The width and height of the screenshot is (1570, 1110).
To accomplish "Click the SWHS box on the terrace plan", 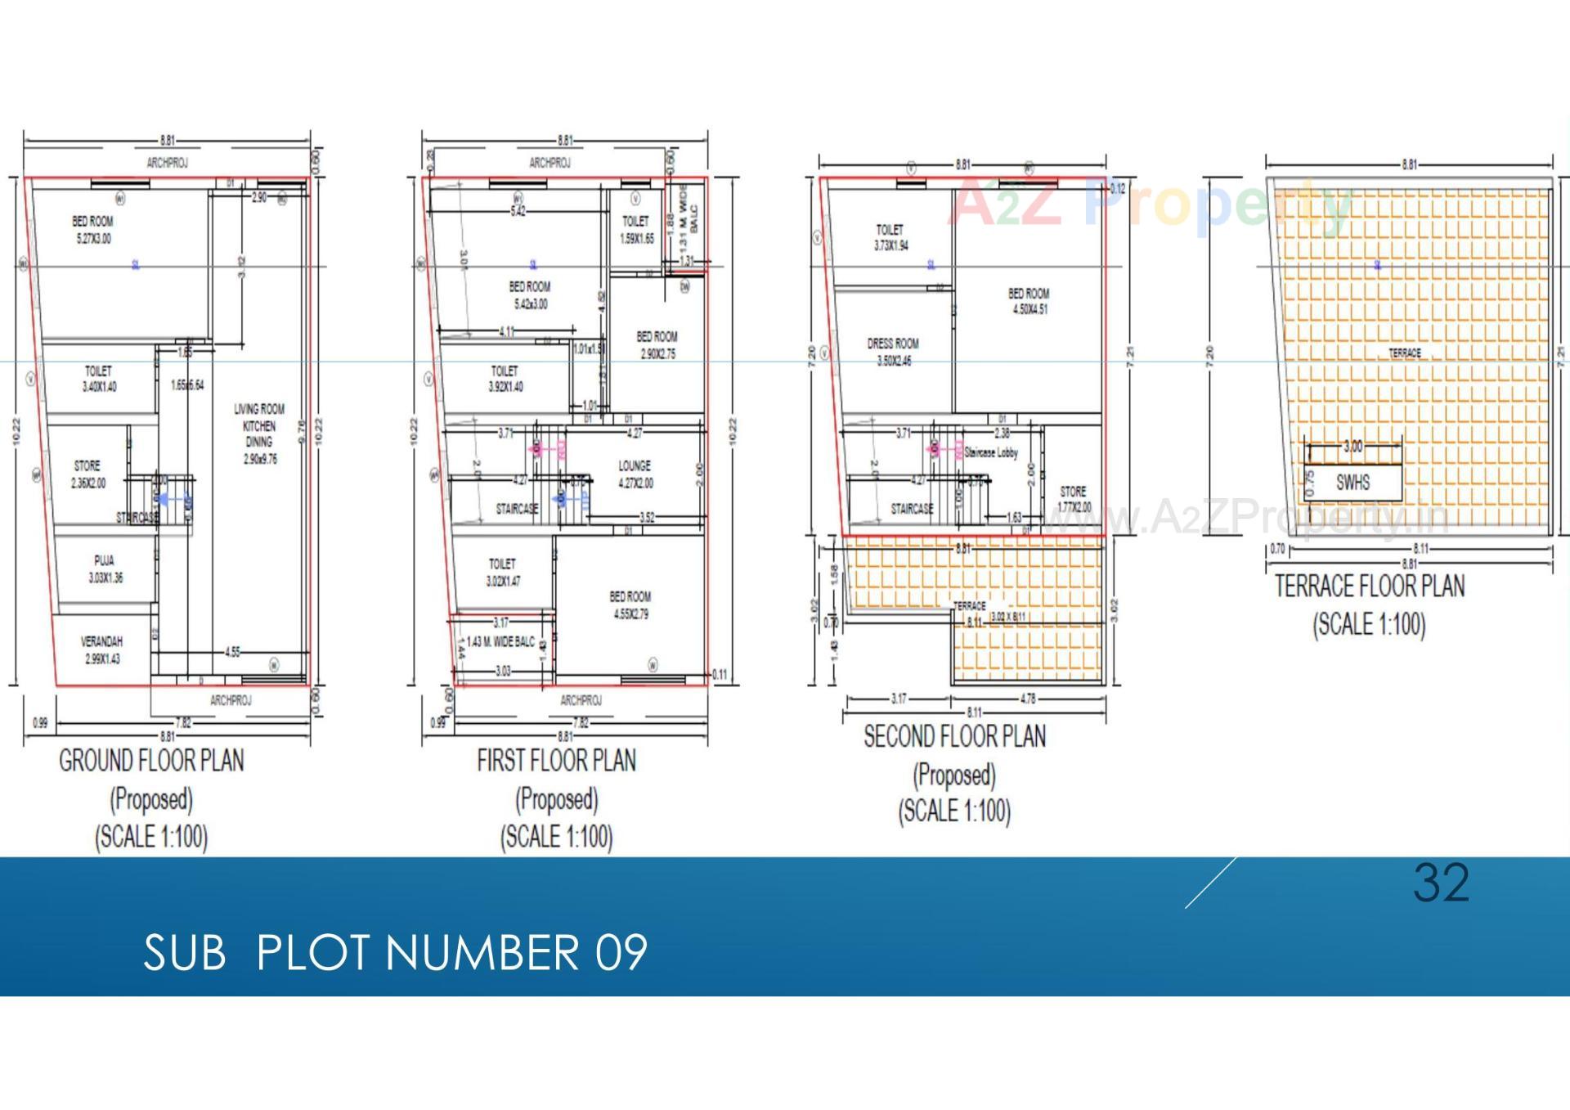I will coord(1352,482).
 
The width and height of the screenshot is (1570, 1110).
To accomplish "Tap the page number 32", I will coord(1441,883).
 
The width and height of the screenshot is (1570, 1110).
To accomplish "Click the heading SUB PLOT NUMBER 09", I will coord(395,952).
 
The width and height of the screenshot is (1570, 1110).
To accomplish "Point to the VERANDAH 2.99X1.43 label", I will coord(101,650).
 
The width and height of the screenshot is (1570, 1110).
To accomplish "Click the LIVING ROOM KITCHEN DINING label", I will coord(259,434).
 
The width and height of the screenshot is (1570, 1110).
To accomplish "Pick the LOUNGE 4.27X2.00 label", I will coord(635,474).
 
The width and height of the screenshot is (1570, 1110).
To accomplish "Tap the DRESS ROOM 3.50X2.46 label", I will coord(893,353).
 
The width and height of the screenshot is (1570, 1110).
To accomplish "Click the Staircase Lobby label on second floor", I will coord(991,452).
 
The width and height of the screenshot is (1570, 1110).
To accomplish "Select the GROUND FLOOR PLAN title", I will coord(151,762).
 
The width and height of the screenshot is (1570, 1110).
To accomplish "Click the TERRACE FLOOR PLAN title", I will coord(1370,586).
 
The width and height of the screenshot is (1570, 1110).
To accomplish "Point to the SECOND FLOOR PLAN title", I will coord(954,737).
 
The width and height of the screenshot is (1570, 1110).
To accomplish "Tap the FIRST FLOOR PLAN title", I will coord(556,762).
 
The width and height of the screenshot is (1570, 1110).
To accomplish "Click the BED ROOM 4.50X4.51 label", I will coord(1029,301).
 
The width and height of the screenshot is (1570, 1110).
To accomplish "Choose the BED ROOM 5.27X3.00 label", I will coord(92,230).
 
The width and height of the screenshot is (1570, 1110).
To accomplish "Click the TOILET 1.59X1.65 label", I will coord(636,230).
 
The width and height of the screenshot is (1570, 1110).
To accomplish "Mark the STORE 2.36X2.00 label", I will coord(87,474).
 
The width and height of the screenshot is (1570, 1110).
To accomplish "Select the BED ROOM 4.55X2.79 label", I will coord(630,605).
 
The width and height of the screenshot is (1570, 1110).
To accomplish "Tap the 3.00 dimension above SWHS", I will coord(1353,447).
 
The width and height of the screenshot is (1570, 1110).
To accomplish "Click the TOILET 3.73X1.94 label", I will coord(890,237).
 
